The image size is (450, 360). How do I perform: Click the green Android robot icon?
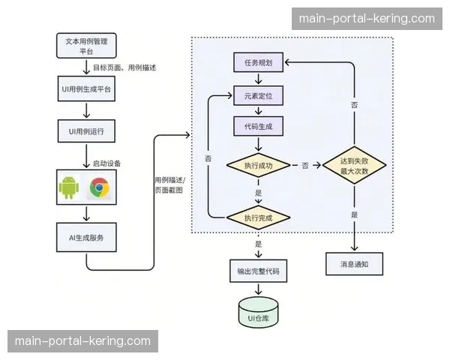[69, 187]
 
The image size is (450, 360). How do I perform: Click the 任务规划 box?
[258, 64]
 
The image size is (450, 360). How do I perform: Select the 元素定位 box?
[258, 97]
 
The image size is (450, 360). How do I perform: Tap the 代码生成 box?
[258, 127]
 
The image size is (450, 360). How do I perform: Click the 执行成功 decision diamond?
[258, 165]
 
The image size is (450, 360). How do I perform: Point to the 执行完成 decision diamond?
[258, 217]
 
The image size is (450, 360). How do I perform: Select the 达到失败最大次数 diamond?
[354, 165]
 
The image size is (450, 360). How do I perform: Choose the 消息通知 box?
[354, 265]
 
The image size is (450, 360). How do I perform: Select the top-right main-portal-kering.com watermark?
[366, 18]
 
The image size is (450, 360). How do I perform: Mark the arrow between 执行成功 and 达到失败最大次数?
[305, 165]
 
